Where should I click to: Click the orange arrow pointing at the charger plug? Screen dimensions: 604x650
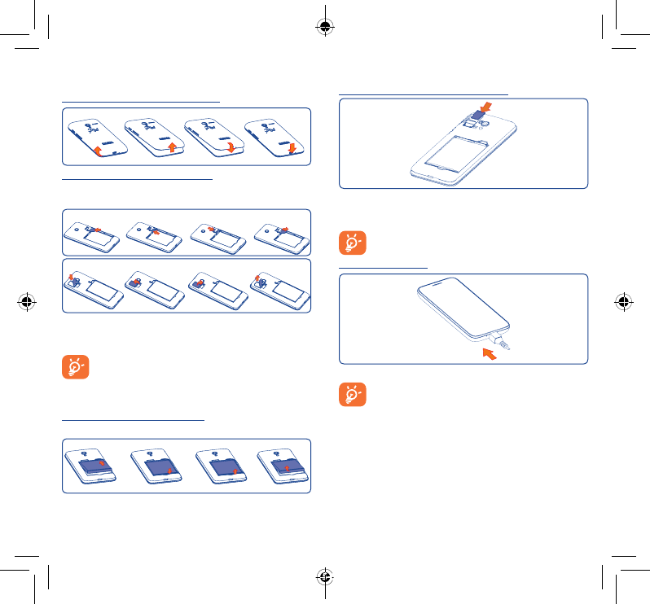[x=488, y=354]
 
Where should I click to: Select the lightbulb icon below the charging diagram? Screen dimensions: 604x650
[x=353, y=396]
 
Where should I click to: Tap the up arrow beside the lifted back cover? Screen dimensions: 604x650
[x=172, y=147]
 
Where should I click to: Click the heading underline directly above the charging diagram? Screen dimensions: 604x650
[x=382, y=266]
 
